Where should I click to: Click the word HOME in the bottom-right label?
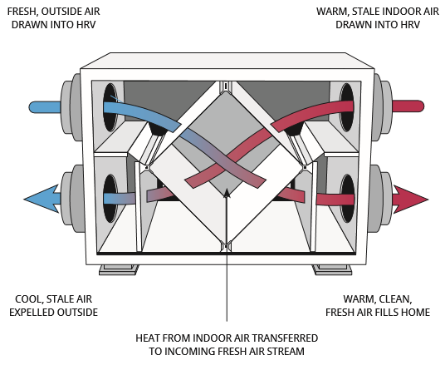click(415, 312)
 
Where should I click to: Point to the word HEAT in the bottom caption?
click(150, 338)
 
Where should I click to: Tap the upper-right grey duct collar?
click(379, 106)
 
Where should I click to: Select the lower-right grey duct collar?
click(379, 199)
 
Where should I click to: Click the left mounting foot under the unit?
click(116, 268)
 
